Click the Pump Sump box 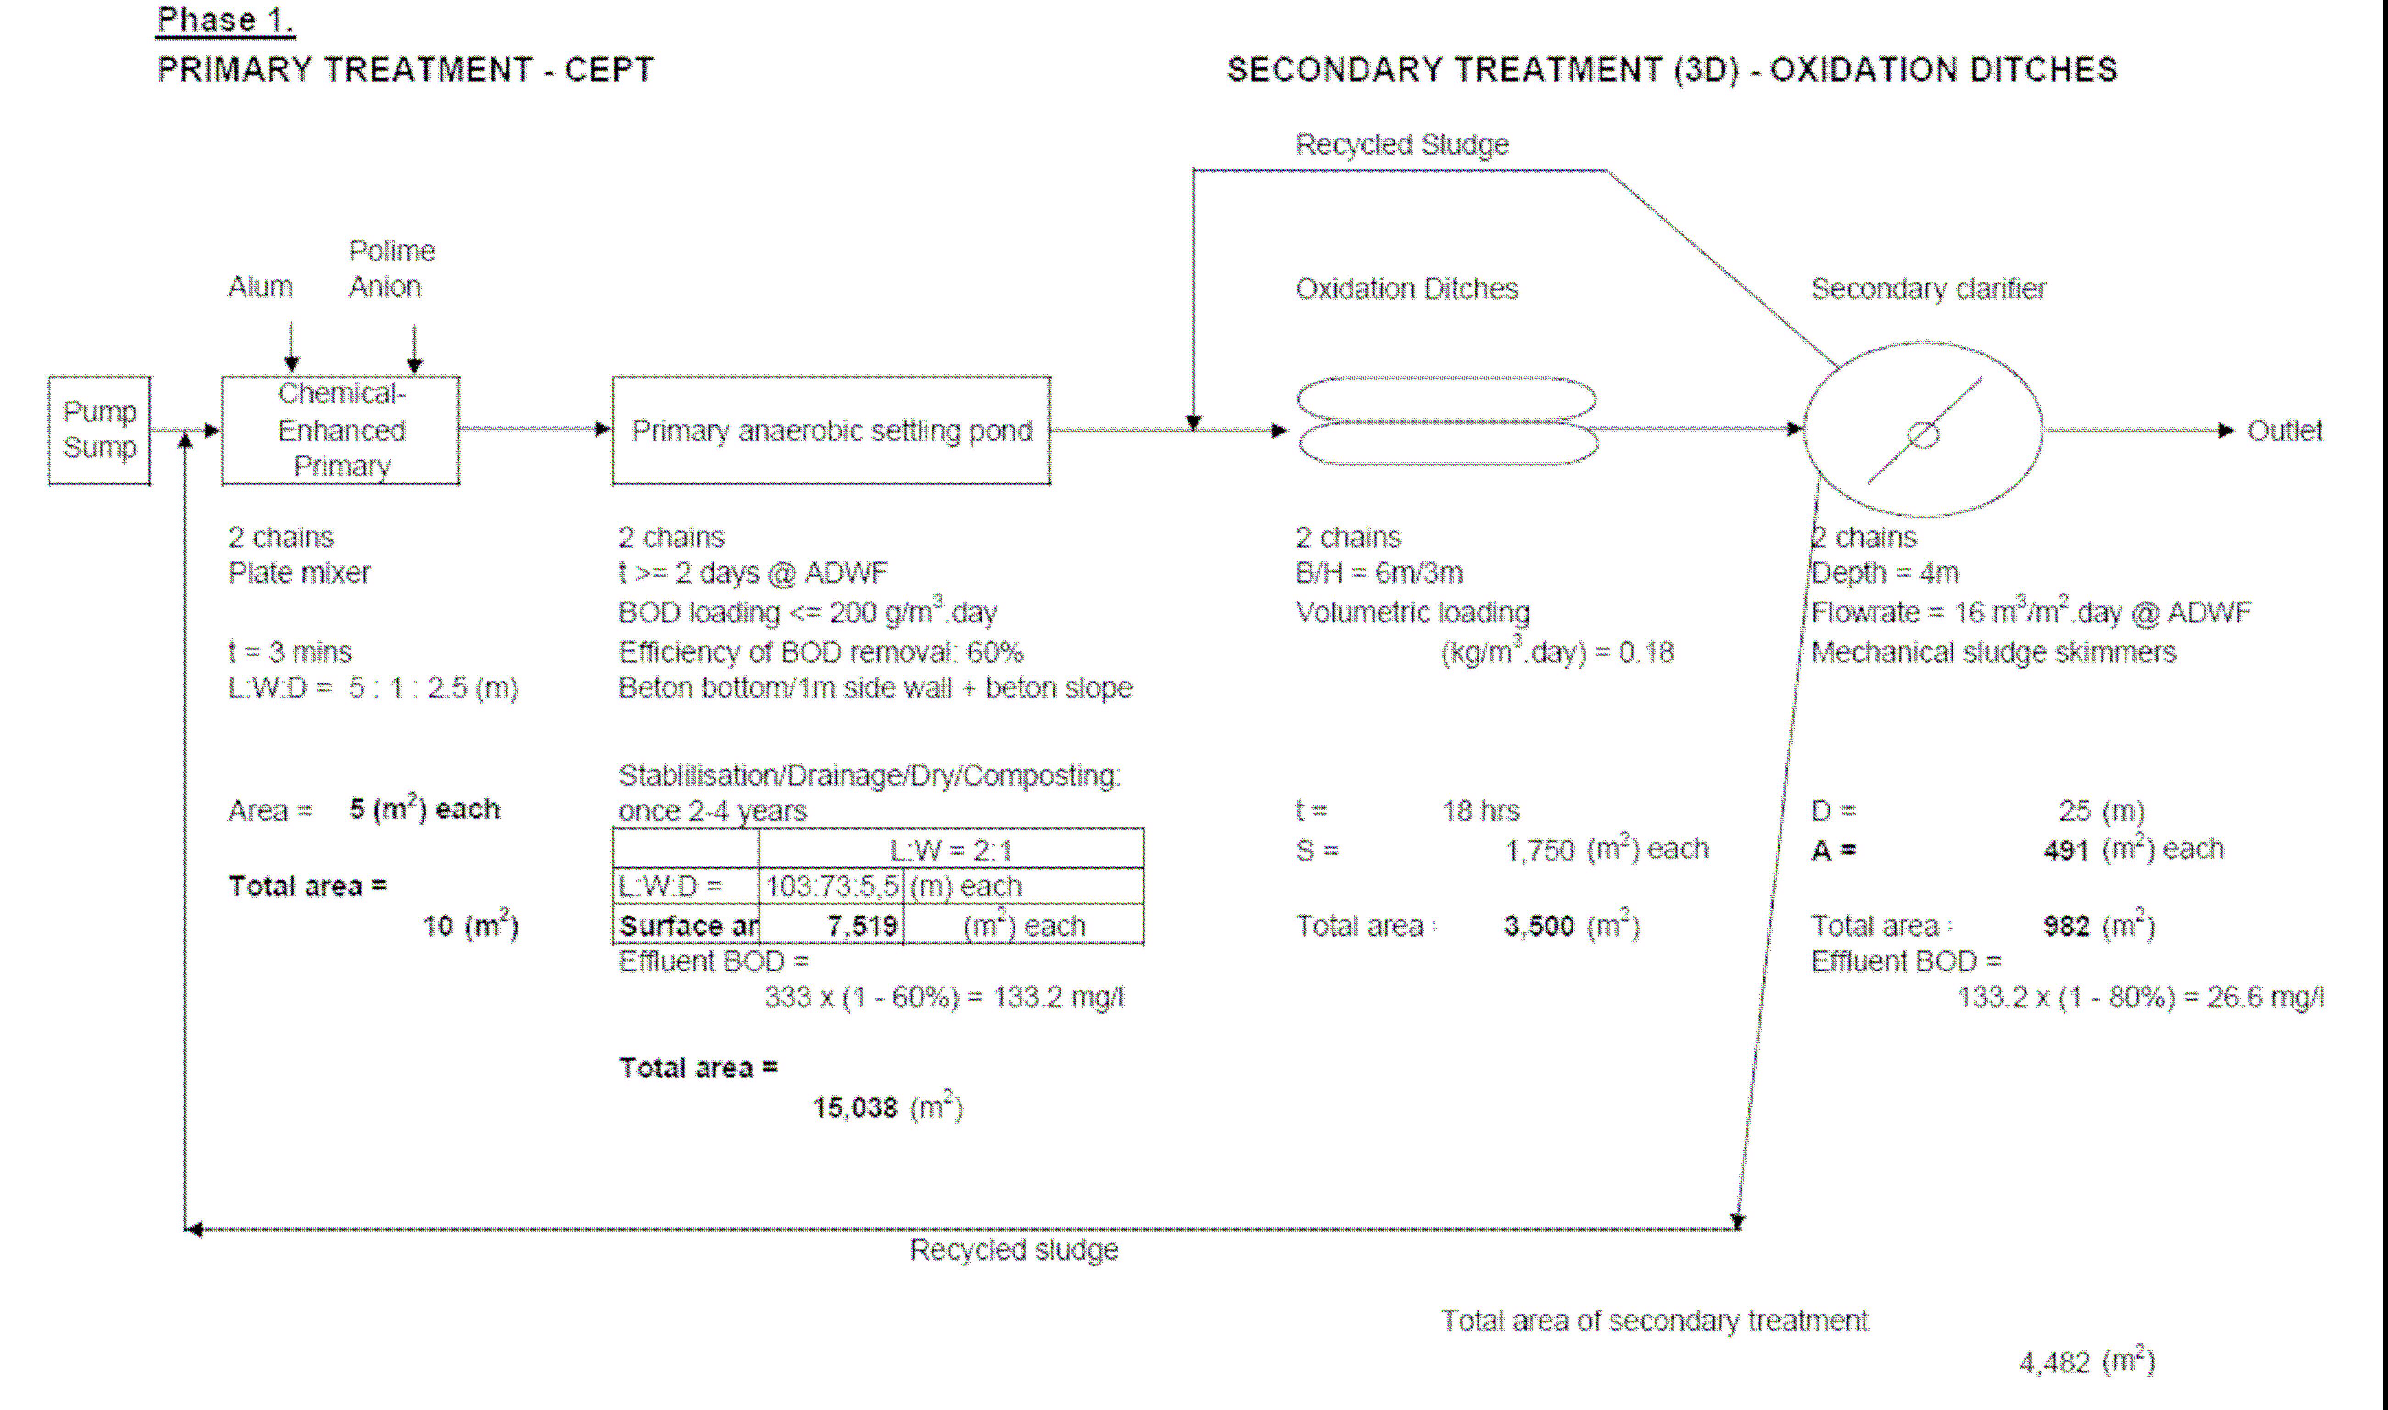point(100,430)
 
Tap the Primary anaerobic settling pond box point(831,430)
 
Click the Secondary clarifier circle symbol point(1923,430)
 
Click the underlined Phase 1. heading point(225,20)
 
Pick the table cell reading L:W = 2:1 point(950,849)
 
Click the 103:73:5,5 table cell point(831,887)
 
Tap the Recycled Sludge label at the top point(1401,144)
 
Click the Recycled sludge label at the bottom point(1014,1249)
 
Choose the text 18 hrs point(1480,810)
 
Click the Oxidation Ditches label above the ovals point(1406,289)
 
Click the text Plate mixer point(299,573)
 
